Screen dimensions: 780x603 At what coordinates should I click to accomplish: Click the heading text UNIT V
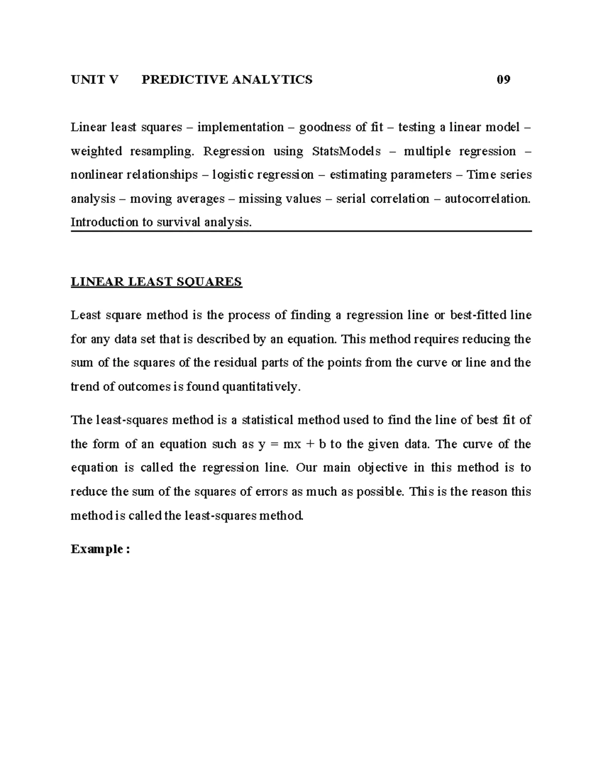point(94,79)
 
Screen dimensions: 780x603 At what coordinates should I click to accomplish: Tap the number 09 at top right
point(503,79)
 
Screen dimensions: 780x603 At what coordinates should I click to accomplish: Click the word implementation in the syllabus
point(240,128)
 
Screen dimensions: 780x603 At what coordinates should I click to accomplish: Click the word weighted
point(96,151)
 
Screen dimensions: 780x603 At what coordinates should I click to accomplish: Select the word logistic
point(233,175)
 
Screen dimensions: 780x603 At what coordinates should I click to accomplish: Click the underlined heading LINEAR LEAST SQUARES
point(156,282)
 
